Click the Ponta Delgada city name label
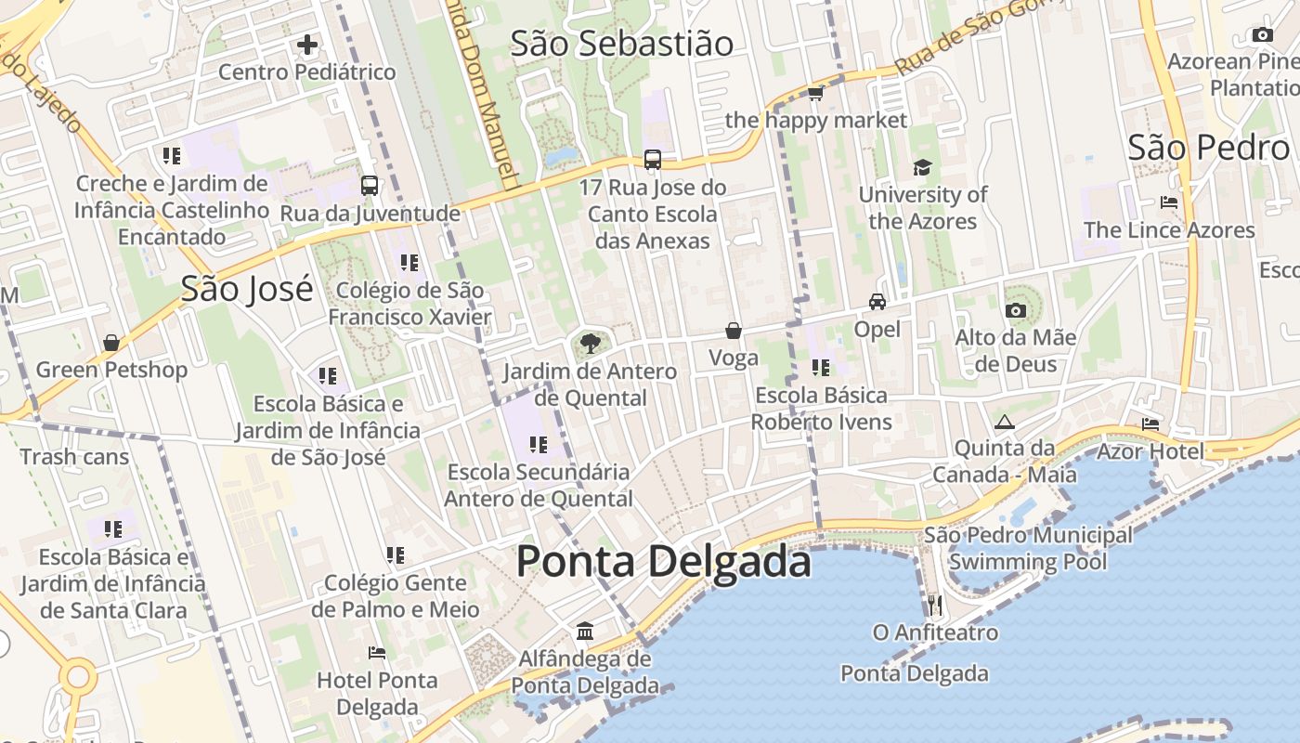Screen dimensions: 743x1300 [x=663, y=562]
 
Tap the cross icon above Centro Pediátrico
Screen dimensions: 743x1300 [x=306, y=44]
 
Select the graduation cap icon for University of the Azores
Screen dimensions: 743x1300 [x=922, y=167]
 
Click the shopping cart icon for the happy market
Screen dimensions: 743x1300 [x=815, y=93]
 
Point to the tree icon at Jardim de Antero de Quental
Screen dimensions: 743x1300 [x=590, y=345]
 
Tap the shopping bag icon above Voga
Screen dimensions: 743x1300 [x=734, y=331]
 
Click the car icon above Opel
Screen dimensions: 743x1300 [x=877, y=302]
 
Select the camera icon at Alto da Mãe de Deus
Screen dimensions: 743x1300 [x=1016, y=310]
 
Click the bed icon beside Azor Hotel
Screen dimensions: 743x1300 [x=1150, y=424]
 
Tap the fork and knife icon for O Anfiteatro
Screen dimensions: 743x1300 [x=935, y=606]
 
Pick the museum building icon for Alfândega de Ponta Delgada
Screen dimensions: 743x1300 [x=585, y=632]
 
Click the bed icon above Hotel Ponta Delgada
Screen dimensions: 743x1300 [x=377, y=652]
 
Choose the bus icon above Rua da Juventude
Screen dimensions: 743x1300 [x=370, y=186]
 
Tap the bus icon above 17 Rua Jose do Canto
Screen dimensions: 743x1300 [x=653, y=160]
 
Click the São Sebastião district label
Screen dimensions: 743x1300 [x=622, y=44]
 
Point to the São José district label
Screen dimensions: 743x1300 [x=247, y=289]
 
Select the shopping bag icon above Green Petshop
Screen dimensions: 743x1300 [x=111, y=343]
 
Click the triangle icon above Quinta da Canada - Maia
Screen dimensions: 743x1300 [x=1005, y=423]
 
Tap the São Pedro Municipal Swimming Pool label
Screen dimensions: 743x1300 [x=1028, y=548]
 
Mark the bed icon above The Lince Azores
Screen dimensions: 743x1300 [x=1169, y=202]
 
